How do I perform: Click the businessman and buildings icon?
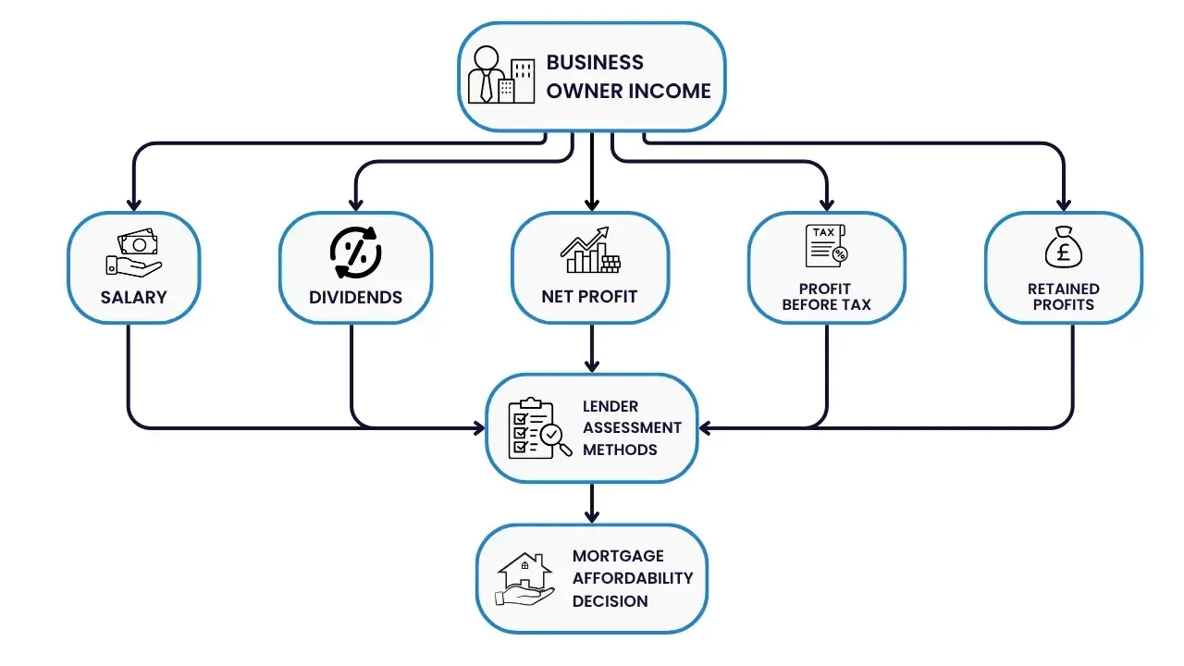click(500, 74)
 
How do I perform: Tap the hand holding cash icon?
click(133, 253)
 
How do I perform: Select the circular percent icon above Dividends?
click(355, 252)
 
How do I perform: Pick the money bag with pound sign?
click(1063, 249)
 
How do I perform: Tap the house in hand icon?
click(524, 578)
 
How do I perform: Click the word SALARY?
click(133, 297)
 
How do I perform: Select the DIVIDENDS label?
click(355, 297)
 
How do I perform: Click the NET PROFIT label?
click(589, 297)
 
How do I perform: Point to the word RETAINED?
click(1063, 289)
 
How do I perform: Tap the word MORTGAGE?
click(618, 556)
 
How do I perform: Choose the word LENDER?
click(610, 406)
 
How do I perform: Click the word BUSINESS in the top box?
click(595, 62)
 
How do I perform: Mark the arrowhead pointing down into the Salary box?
click(133, 203)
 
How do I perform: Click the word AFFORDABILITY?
click(633, 578)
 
